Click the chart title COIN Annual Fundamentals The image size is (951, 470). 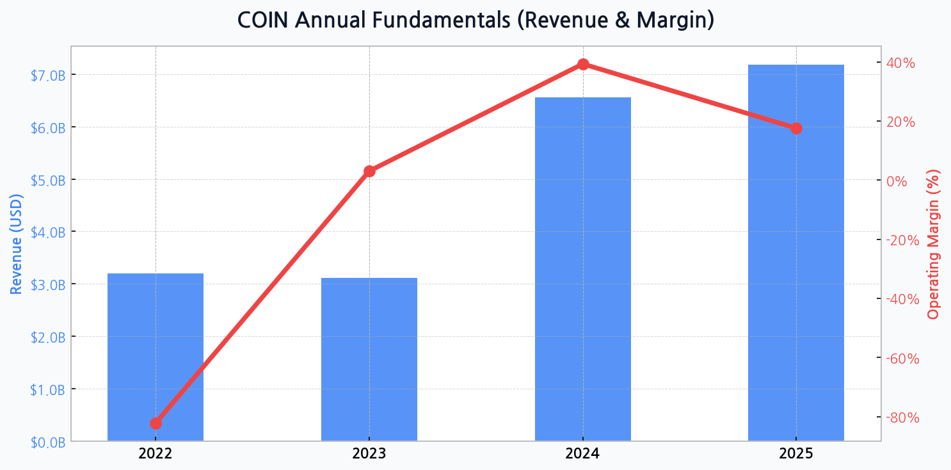click(475, 20)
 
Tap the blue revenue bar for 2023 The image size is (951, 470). click(369, 359)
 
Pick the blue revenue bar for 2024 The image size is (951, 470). click(582, 269)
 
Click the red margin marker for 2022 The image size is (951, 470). click(156, 423)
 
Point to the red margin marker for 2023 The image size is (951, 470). click(369, 171)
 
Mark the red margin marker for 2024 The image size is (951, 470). click(583, 64)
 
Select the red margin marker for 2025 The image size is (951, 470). click(796, 129)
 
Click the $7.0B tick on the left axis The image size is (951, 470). click(48, 76)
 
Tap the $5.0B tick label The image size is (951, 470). click(48, 181)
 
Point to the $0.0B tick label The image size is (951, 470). click(48, 442)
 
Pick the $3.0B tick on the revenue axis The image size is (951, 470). click(48, 285)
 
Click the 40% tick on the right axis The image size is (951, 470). click(900, 63)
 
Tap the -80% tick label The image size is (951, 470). click(902, 417)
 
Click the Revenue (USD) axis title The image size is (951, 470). click(17, 244)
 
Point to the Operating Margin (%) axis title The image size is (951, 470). click(934, 244)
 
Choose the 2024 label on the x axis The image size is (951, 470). click(582, 455)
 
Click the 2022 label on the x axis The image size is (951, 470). click(156, 455)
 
